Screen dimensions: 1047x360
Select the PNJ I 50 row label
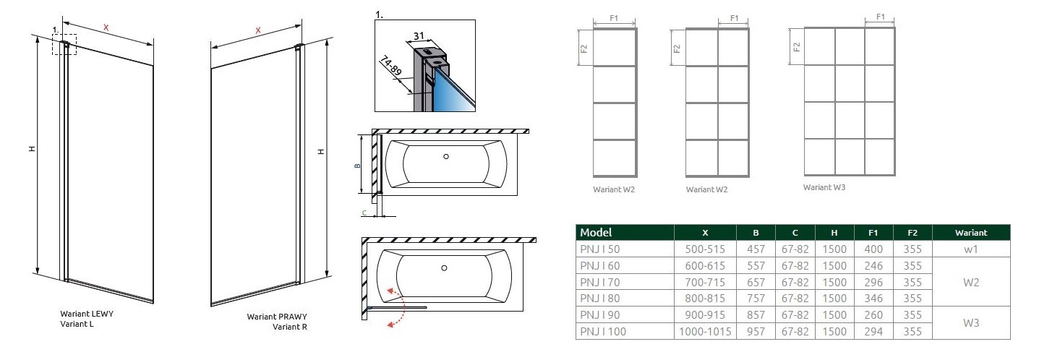click(x=599, y=249)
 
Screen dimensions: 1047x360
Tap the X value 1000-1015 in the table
click(x=705, y=332)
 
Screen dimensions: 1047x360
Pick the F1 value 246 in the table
click(x=873, y=265)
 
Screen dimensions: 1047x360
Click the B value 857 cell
click(x=756, y=315)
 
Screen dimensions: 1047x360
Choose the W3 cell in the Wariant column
click(x=971, y=322)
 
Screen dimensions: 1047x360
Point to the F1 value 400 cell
click(x=873, y=249)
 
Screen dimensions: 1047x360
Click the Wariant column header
click(x=971, y=232)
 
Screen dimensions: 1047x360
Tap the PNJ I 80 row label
click(x=599, y=299)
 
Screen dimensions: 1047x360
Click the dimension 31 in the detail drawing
click(x=419, y=36)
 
